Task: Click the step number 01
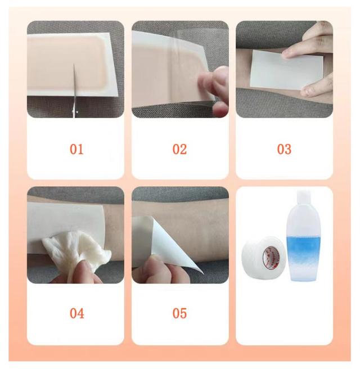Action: coord(76,149)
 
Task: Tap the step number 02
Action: coord(180,149)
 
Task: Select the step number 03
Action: coord(284,149)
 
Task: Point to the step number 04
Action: coord(77,313)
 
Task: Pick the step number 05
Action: coord(180,313)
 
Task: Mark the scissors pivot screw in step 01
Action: coord(77,112)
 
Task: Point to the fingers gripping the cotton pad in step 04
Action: coord(78,271)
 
